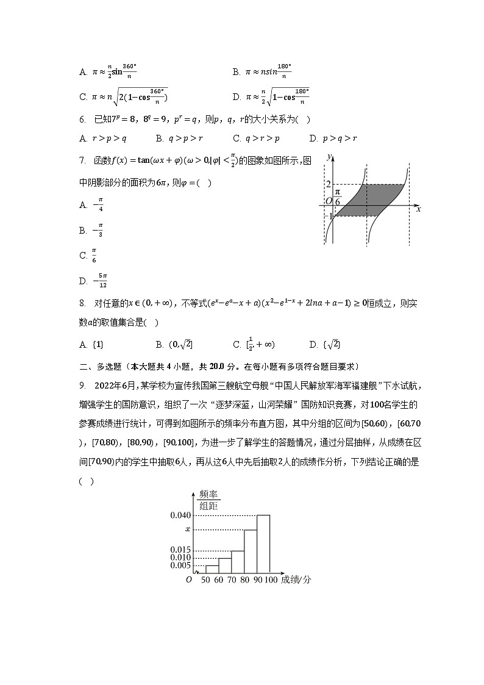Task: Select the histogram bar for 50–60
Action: (212, 569)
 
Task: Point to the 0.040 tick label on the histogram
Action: (180, 515)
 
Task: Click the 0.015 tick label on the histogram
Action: (180, 550)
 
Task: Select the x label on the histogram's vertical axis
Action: (188, 529)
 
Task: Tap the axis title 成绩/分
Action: (296, 579)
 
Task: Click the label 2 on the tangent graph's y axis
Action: (327, 184)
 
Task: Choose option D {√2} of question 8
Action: (326, 345)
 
